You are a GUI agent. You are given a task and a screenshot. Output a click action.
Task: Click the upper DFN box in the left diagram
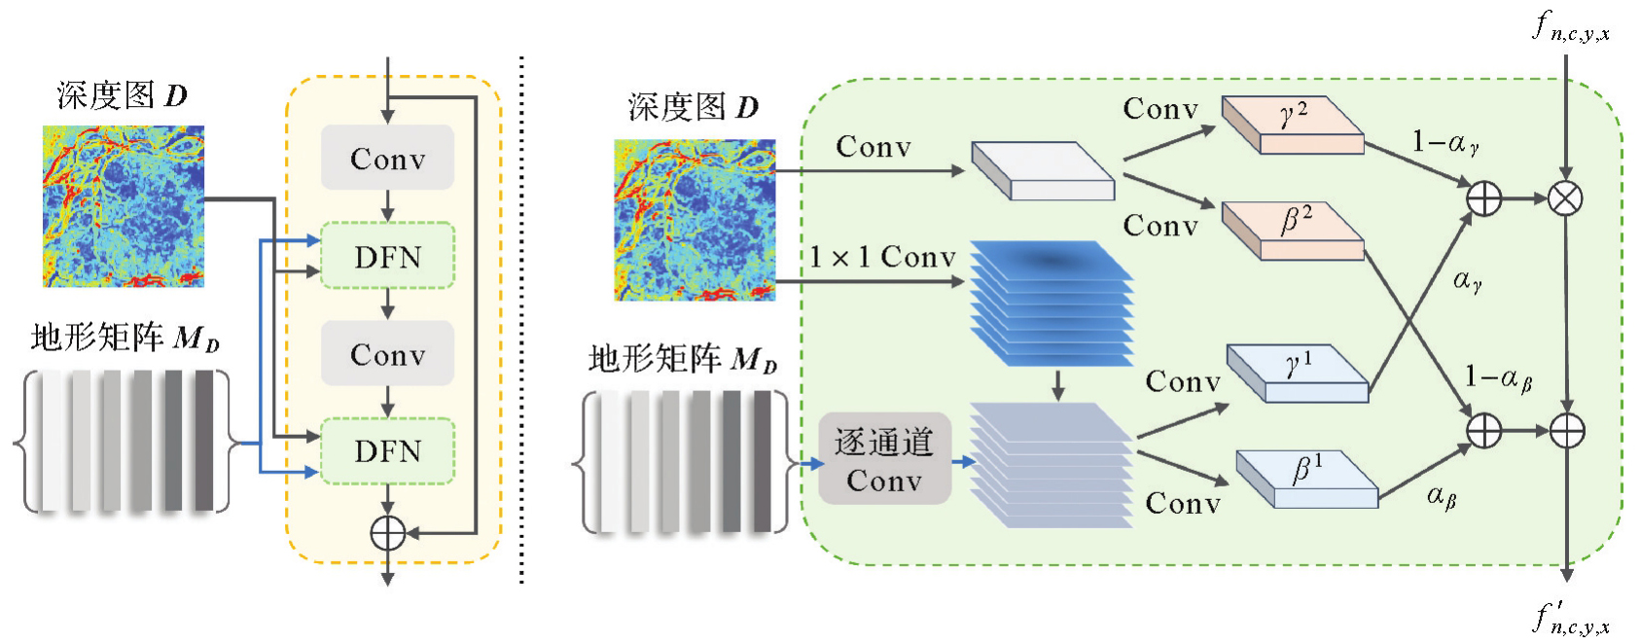click(387, 256)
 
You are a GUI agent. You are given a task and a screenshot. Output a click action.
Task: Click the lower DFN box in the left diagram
click(387, 450)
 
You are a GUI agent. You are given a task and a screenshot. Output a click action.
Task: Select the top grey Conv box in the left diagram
click(387, 158)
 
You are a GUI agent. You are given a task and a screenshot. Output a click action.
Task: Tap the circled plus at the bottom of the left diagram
click(387, 533)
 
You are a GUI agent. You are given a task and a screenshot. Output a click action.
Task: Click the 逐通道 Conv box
click(883, 460)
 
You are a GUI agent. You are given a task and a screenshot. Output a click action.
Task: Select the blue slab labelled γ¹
click(1298, 373)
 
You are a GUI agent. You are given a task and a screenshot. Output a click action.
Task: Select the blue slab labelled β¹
click(1306, 478)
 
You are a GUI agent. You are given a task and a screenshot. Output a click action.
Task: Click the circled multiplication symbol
click(1565, 198)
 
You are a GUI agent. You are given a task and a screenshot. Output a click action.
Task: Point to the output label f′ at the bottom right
click(1570, 620)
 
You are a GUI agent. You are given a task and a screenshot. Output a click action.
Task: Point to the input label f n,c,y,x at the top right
click(1570, 27)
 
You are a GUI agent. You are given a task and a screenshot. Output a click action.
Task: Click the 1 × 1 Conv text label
click(882, 258)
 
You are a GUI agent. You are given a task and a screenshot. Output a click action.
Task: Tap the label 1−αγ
click(1445, 144)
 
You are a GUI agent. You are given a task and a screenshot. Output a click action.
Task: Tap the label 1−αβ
click(1498, 377)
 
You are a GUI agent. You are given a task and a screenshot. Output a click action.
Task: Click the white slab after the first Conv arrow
click(1043, 171)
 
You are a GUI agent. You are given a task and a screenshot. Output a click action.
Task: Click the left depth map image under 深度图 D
click(124, 206)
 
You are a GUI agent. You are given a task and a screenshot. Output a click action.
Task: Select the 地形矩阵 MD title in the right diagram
click(682, 360)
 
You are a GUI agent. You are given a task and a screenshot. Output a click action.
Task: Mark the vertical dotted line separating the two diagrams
click(522, 321)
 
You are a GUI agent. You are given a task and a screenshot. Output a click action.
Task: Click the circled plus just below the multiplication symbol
click(1566, 430)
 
